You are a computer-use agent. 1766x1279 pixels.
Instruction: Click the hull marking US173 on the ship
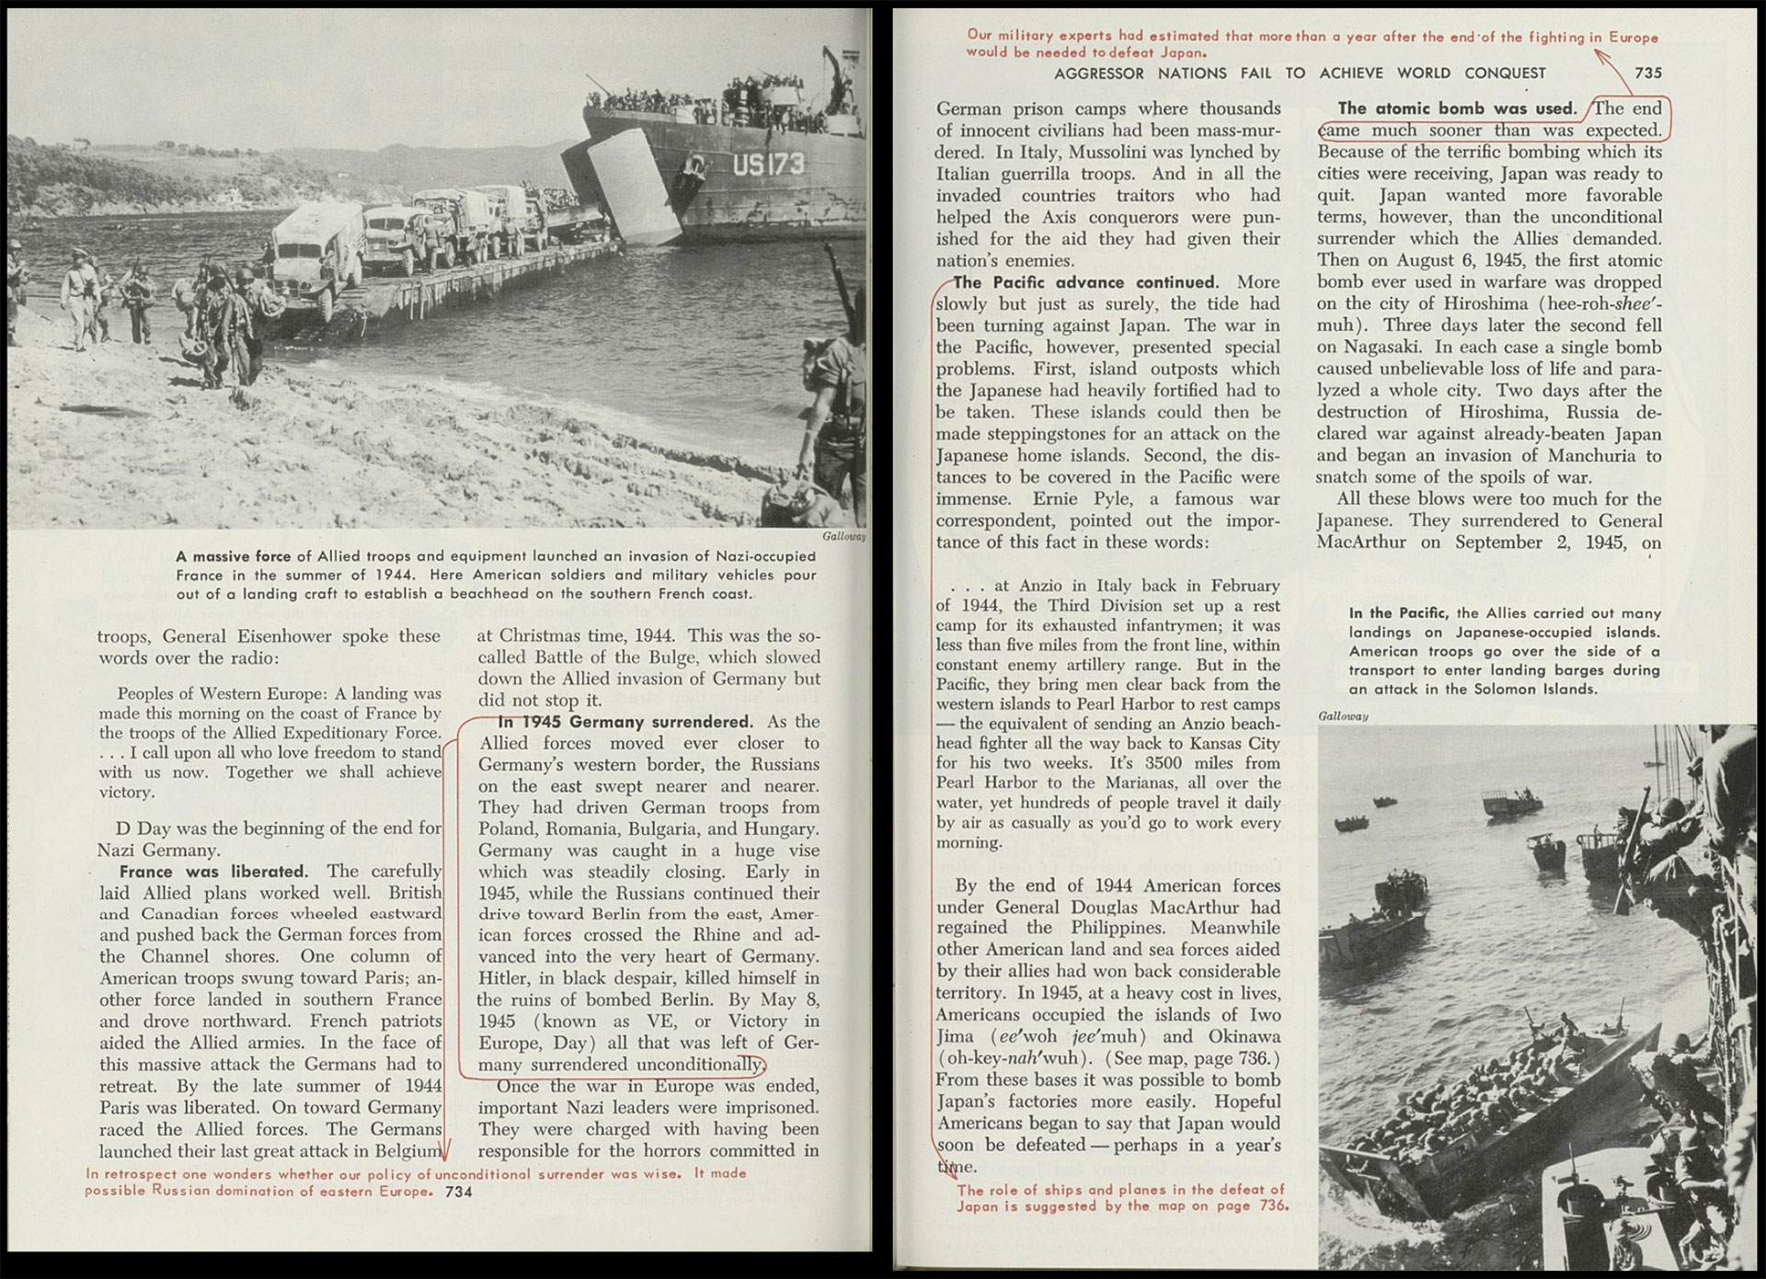coord(768,166)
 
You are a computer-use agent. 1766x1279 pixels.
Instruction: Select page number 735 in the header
coord(1648,74)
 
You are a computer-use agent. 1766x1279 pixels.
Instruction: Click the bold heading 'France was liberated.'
coord(213,872)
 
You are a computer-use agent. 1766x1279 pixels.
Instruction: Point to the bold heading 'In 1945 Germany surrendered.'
coord(625,722)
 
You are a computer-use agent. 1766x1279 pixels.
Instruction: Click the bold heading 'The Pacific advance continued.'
coord(1085,282)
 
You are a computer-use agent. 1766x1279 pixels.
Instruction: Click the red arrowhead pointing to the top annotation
coord(1601,55)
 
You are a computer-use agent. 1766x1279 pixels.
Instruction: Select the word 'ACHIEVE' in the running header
coord(1352,74)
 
